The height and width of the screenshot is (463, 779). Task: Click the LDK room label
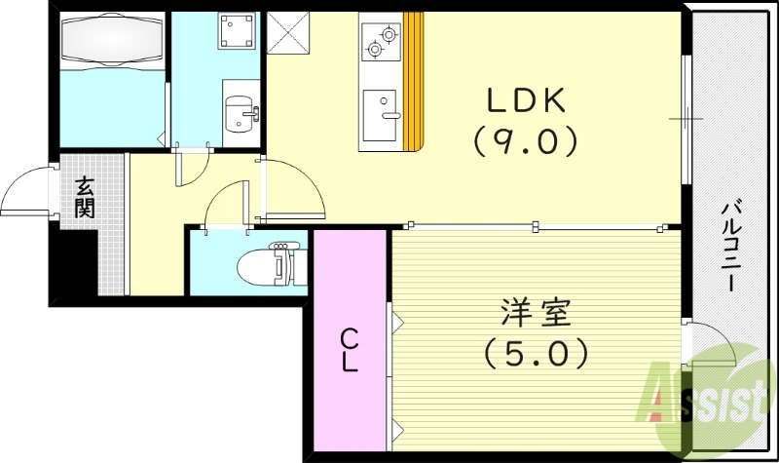click(526, 100)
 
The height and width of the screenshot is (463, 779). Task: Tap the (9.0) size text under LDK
click(526, 142)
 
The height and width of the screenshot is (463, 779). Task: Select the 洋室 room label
click(530, 316)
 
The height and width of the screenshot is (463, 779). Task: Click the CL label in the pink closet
click(350, 351)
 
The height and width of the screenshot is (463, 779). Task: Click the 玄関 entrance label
click(86, 196)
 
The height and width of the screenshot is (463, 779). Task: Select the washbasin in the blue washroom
click(239, 114)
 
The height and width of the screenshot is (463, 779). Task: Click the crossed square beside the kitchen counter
click(287, 32)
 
